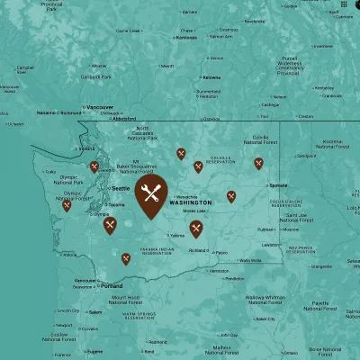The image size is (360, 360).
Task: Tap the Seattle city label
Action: coord(120,187)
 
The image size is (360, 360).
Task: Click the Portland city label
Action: coord(111,285)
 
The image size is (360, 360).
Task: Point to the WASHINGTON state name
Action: coord(190,202)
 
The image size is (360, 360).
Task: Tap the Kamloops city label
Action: coord(185,38)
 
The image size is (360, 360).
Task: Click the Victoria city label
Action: coord(86,148)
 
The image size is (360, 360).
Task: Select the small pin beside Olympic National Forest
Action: coord(67,205)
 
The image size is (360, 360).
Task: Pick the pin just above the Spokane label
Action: coord(258,163)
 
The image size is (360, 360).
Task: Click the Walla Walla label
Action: coord(249,260)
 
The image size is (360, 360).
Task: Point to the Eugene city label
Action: coord(93,352)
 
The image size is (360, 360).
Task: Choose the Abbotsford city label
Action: coord(125,118)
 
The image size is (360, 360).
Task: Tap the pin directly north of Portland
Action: coord(125,259)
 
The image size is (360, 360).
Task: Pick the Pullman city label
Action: coord(266,229)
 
